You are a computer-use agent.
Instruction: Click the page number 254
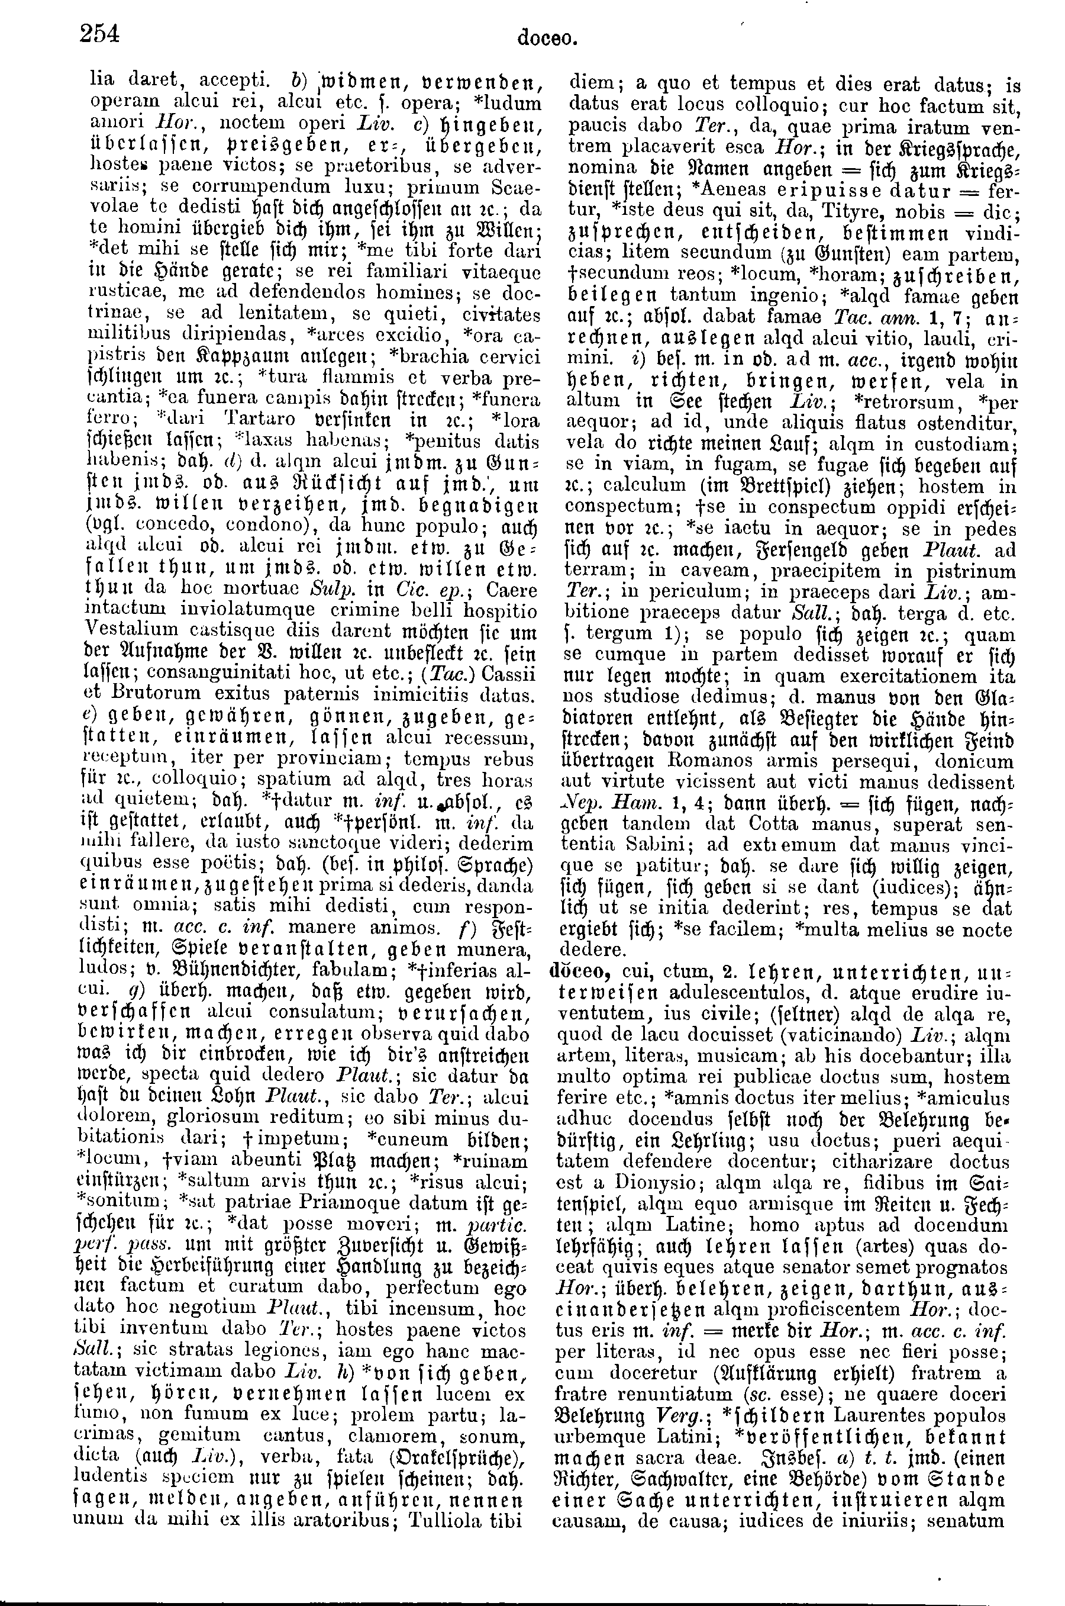click(x=100, y=33)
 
